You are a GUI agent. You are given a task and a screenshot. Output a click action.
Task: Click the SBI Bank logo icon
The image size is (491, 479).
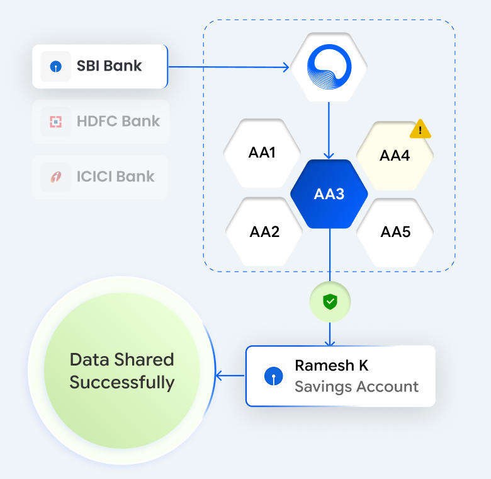point(55,66)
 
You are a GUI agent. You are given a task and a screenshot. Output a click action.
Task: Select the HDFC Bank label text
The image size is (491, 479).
point(118,121)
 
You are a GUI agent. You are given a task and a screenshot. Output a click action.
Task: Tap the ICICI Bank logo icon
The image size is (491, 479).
point(55,176)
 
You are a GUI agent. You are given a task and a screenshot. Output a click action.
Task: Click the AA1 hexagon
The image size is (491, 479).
point(262,153)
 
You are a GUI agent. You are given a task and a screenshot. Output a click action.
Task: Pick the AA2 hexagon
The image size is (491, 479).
point(264,231)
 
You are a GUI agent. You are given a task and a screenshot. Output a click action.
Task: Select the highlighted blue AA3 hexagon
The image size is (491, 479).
point(329,193)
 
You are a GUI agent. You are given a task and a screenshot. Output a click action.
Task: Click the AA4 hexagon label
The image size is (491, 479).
point(395,156)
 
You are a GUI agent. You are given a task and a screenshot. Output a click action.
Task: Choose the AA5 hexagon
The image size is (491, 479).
point(395,231)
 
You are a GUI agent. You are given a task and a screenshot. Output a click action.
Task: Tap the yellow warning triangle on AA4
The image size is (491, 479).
point(420,130)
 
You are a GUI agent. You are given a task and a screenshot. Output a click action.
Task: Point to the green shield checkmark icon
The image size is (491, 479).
point(330,303)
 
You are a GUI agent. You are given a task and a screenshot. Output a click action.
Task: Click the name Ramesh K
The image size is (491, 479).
point(331,366)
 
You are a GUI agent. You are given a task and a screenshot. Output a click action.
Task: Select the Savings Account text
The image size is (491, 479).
point(356,386)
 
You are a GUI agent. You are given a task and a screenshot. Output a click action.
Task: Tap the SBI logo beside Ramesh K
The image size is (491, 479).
point(274,376)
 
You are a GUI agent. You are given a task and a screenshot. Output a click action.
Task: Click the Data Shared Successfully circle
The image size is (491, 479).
point(122,371)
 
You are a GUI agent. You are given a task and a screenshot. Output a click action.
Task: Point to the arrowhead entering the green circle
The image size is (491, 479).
point(219,376)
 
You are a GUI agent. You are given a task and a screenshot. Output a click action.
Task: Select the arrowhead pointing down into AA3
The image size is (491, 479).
point(329,155)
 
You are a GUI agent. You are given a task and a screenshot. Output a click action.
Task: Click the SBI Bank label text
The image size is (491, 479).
point(110,66)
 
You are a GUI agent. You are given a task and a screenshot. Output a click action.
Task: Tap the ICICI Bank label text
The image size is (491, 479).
point(116,176)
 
